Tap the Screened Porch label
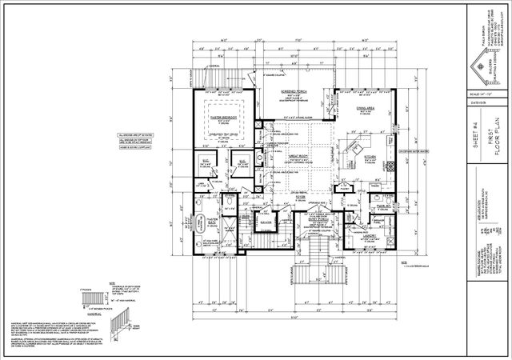(x=294, y=93)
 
